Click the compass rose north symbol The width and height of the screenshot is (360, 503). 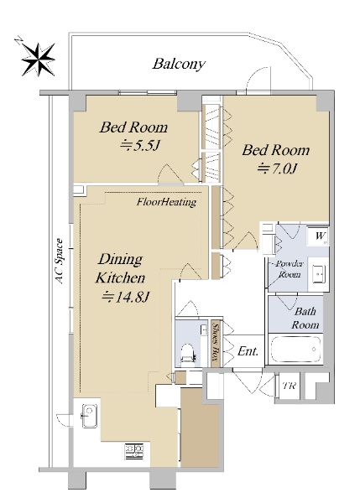tap(38, 60)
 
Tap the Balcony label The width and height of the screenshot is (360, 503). tap(179, 64)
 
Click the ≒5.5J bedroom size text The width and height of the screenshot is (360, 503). tap(139, 146)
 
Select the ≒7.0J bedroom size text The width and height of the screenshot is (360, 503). tap(277, 169)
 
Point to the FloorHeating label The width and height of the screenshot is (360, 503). tap(166, 202)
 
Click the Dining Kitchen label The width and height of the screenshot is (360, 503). tap(121, 268)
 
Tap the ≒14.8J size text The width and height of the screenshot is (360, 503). tap(124, 297)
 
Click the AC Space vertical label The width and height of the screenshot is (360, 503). tap(60, 261)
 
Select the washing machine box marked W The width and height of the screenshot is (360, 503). tap(317, 236)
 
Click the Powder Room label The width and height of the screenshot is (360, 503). tap(290, 269)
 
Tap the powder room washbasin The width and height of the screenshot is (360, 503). tap(319, 274)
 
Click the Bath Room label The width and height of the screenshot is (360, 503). tap(305, 318)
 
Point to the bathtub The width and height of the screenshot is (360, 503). tap(295, 349)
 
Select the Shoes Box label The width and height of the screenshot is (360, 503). tap(216, 344)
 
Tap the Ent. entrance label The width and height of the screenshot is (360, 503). tap(248, 351)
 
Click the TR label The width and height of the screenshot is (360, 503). tap(289, 386)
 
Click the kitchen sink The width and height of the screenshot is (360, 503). tap(90, 416)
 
